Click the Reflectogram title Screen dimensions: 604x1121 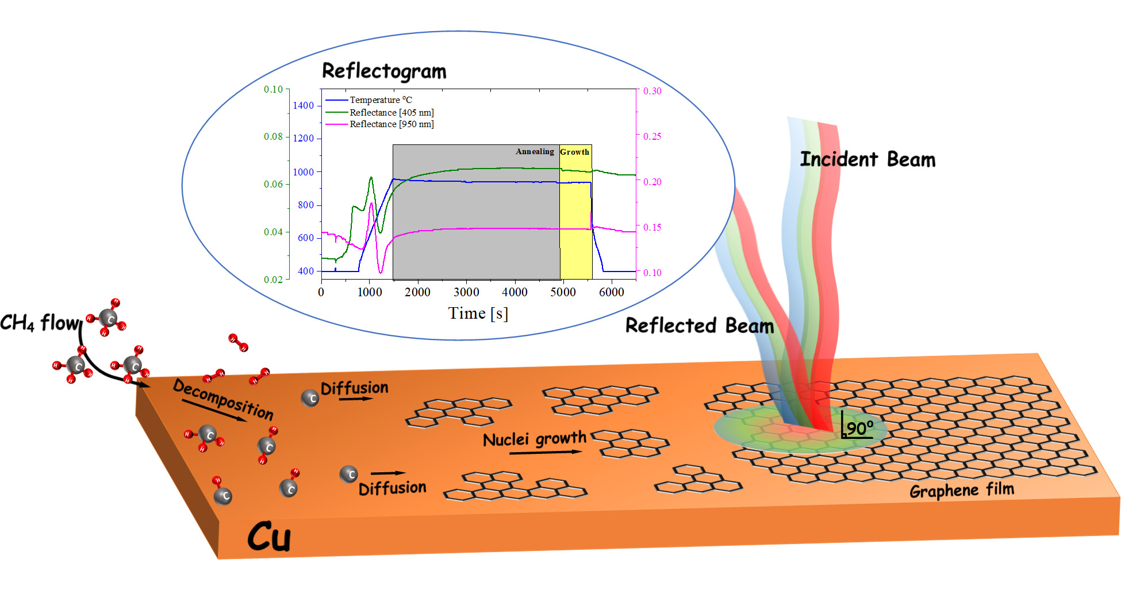coord(383,71)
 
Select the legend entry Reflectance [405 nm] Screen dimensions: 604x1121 coord(391,112)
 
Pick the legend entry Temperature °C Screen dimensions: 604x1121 coord(380,100)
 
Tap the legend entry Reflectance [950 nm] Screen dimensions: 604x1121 coord(391,124)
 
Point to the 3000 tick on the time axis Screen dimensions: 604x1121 coord(466,292)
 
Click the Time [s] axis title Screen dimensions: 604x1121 coord(478,314)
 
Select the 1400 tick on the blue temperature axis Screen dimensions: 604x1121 coord(304,105)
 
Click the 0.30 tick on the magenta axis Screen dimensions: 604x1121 coord(652,91)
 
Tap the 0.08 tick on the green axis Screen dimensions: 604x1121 coord(273,137)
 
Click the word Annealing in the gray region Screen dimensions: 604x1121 coord(535,152)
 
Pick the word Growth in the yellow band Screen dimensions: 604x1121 coord(574,152)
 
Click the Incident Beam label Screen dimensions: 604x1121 coord(867,159)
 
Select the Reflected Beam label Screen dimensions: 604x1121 coord(699,326)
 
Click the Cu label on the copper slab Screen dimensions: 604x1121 coord(269,537)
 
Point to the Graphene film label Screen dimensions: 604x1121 coord(961,491)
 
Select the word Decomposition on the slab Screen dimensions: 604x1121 coord(223,399)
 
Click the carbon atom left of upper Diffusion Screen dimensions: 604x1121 coord(310,397)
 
